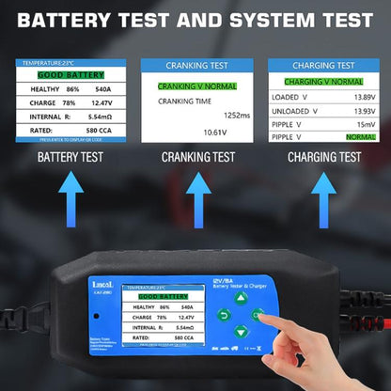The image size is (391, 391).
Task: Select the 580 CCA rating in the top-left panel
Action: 94,130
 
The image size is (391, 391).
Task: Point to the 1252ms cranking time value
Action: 238,115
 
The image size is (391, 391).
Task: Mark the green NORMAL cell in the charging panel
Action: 361,137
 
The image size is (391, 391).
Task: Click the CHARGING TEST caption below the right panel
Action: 324,157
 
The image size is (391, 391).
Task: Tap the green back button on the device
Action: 225,314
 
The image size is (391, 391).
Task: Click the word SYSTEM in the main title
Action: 247,19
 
